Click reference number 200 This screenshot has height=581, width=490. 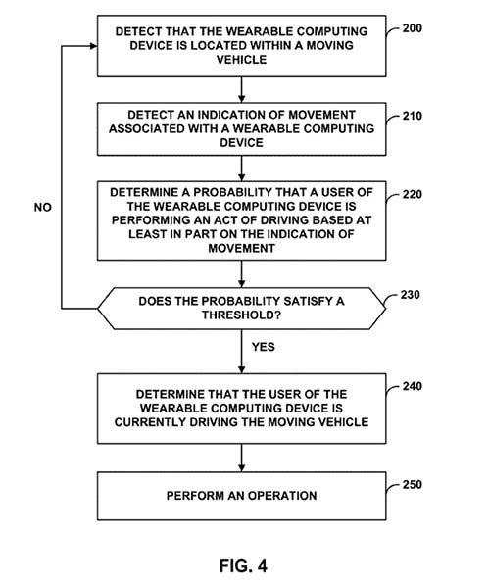tap(413, 28)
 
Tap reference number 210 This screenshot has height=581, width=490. tap(413, 116)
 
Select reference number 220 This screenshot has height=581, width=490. tap(413, 195)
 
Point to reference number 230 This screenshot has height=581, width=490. tap(410, 295)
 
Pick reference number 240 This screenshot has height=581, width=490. tap(413, 386)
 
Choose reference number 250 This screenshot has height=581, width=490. tap(413, 485)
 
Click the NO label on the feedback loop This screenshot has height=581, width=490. tap(42, 207)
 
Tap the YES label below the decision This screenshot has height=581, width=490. tap(264, 347)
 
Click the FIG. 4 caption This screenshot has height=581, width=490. tap(243, 566)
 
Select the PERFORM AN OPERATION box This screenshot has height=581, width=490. tap(242, 496)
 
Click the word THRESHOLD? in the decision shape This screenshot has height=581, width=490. tap(242, 315)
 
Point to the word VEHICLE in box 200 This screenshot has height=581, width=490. tap(242, 60)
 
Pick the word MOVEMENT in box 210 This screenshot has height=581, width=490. tap(321, 115)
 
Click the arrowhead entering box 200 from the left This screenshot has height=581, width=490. tap(93, 46)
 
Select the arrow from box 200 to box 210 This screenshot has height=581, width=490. tap(242, 90)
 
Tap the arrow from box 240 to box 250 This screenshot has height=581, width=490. tap(242, 458)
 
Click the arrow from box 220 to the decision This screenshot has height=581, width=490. tap(242, 273)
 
